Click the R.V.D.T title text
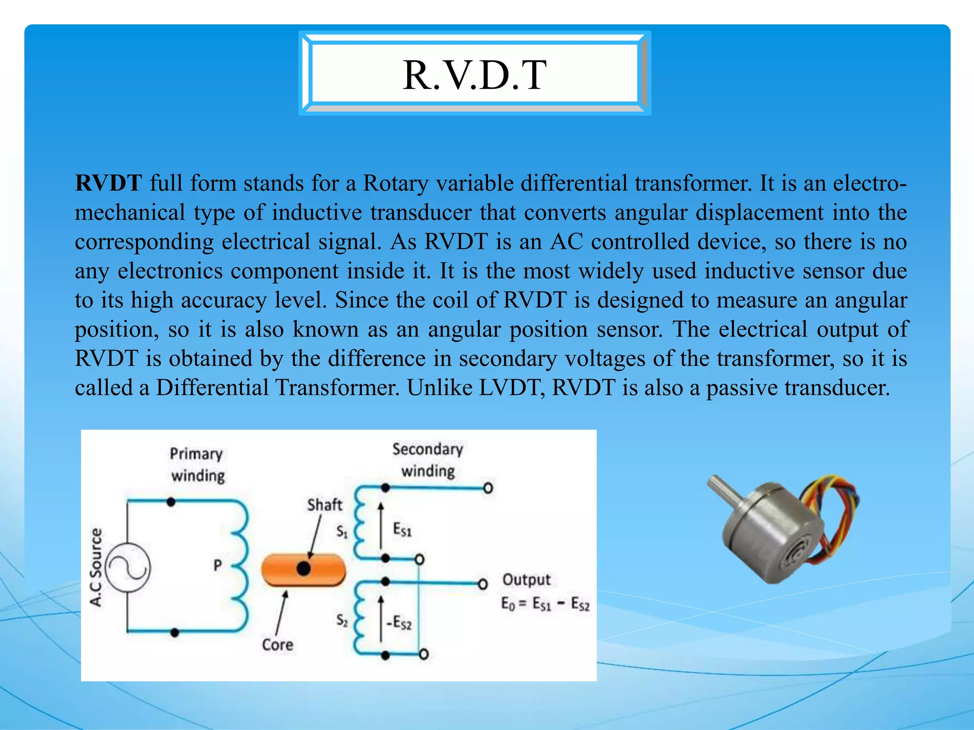[474, 75]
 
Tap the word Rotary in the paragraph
[395, 183]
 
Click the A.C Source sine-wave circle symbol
[127, 567]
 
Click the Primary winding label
[197, 464]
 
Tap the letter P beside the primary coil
[218, 565]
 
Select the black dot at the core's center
[303, 568]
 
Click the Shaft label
[324, 505]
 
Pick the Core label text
[277, 645]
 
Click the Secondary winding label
[428, 460]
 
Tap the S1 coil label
[342, 531]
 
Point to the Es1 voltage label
[402, 529]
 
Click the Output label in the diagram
[526, 580]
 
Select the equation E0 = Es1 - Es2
[545, 605]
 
